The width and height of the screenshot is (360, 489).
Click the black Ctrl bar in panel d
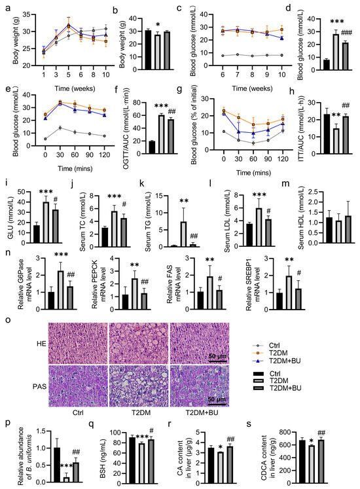[307, 63]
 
